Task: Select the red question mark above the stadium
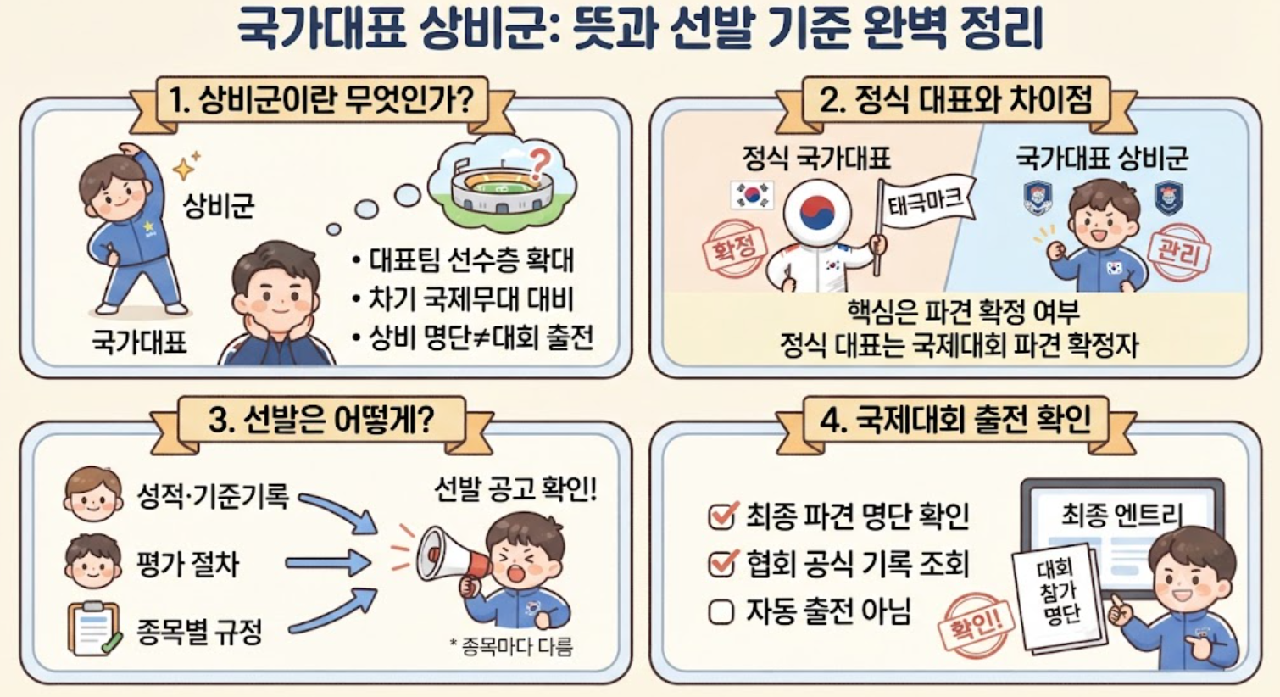tap(538, 163)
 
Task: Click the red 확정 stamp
tap(734, 248)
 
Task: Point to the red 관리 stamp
tap(1179, 253)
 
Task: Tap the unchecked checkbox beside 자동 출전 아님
tap(721, 612)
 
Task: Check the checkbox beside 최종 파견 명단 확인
tap(721, 516)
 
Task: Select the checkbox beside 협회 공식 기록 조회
tap(721, 564)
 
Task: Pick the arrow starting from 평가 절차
tap(328, 563)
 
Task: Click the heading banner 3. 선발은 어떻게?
tap(322, 421)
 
